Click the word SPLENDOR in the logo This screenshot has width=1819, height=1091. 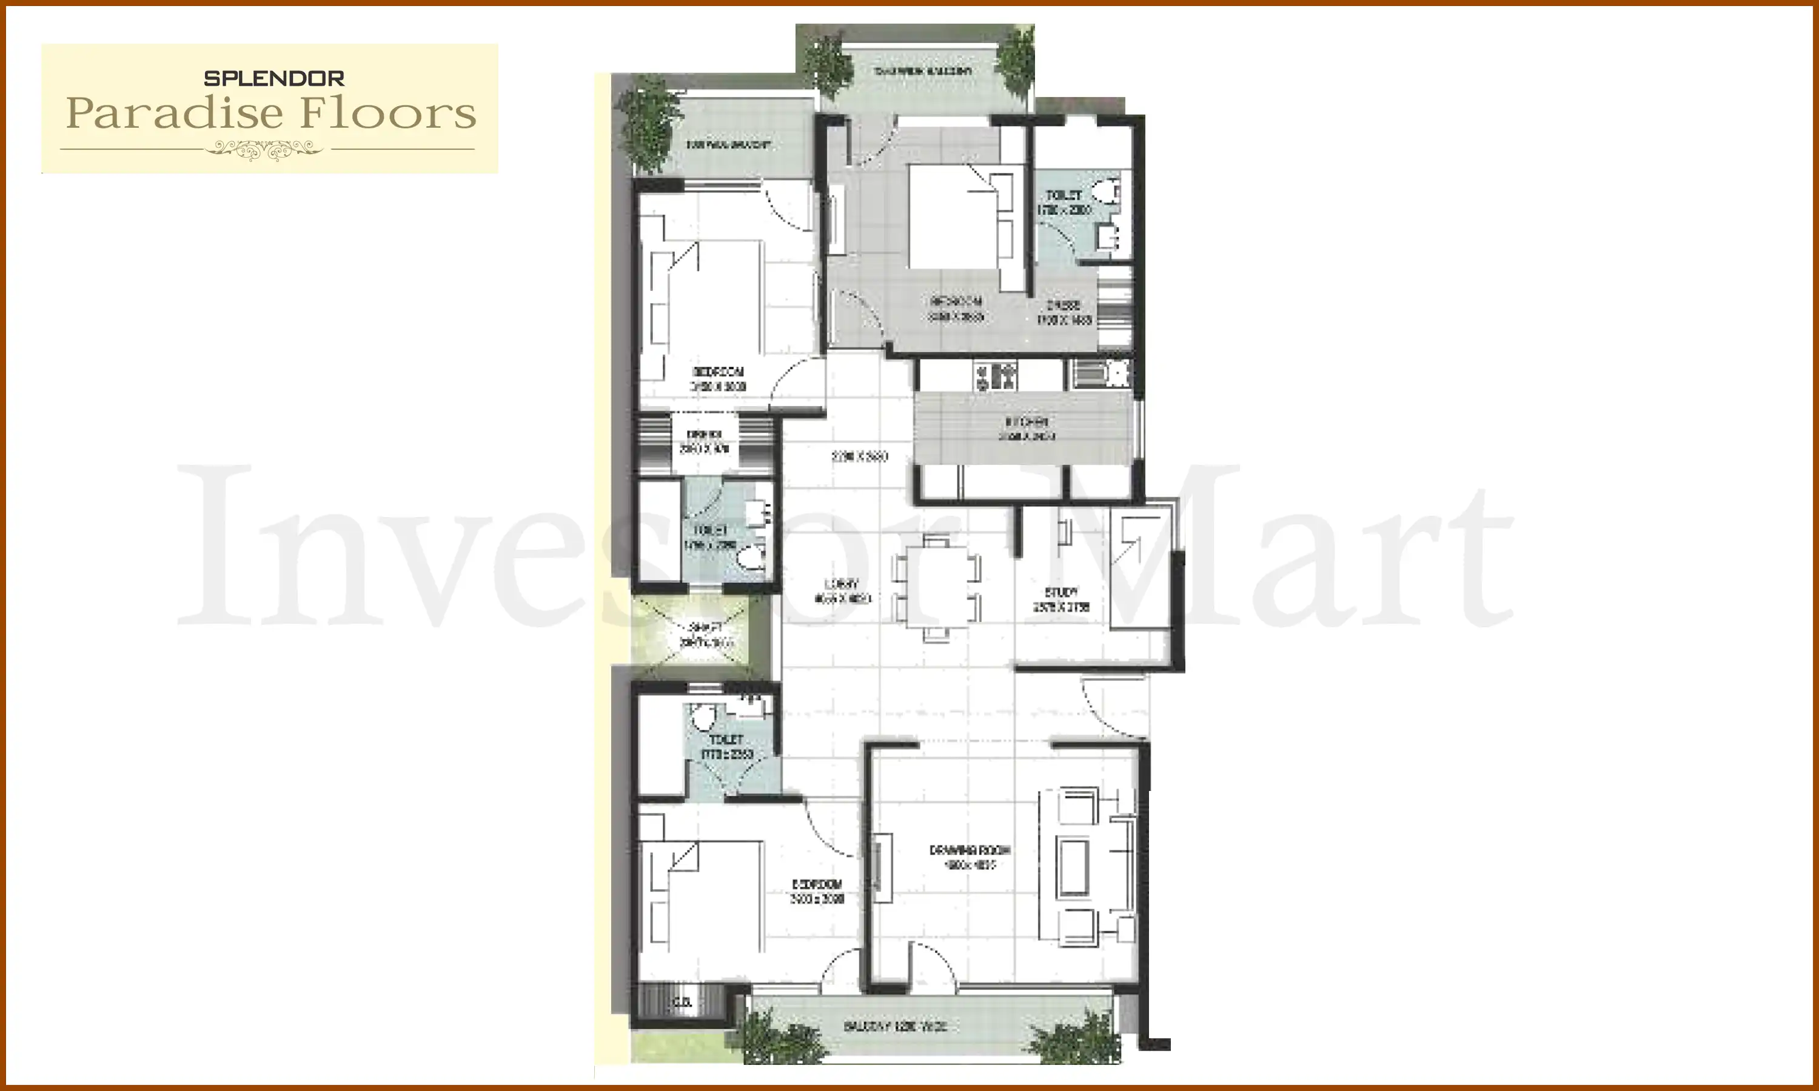[x=273, y=79]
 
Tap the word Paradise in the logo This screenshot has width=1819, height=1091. [x=174, y=114]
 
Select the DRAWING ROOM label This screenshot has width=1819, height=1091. [x=969, y=850]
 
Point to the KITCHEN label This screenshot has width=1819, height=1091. [x=1027, y=422]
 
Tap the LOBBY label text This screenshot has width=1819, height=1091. [x=842, y=584]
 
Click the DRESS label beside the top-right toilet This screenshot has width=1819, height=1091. [x=1064, y=305]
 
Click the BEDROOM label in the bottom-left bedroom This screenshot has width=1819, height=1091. [x=817, y=884]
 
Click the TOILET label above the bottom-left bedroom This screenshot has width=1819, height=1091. [x=726, y=739]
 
